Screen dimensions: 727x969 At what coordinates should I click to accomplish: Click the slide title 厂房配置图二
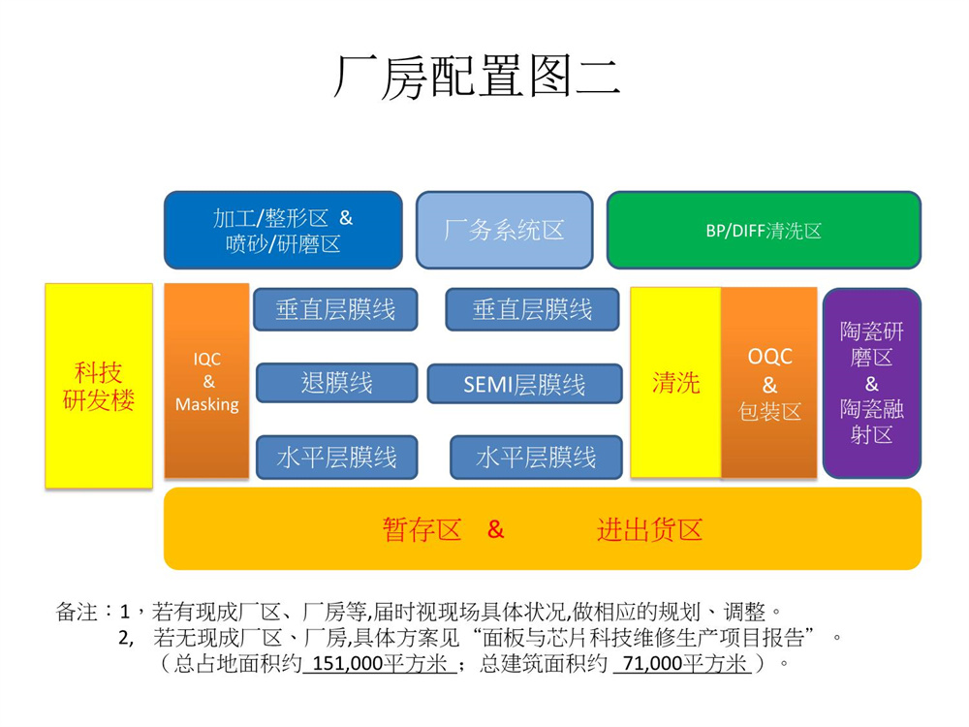(x=477, y=77)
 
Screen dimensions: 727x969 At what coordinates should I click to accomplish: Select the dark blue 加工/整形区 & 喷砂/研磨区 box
(x=283, y=231)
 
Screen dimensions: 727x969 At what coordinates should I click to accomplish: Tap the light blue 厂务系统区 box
(x=504, y=231)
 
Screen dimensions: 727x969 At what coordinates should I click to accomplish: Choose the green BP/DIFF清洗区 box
(x=764, y=231)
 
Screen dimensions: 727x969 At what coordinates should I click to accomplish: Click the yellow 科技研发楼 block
(x=99, y=386)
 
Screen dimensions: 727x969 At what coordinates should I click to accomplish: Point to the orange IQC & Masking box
(x=206, y=381)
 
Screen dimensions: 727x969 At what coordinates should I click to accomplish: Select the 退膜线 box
(x=336, y=383)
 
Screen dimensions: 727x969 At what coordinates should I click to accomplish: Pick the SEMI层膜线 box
(x=524, y=384)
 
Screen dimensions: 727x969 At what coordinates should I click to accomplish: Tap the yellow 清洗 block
(x=675, y=382)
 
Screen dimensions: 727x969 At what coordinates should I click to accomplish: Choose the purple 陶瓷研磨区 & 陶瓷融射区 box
(x=871, y=383)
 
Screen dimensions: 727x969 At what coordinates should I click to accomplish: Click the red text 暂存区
(x=422, y=530)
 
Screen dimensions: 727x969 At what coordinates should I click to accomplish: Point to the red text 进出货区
(x=649, y=530)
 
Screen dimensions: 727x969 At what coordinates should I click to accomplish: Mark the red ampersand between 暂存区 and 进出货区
(x=495, y=530)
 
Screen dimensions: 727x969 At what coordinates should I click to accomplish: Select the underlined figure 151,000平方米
(x=377, y=664)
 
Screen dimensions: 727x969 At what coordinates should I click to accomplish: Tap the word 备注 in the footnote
(x=77, y=613)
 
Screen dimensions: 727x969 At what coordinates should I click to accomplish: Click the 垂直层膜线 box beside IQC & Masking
(x=335, y=309)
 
